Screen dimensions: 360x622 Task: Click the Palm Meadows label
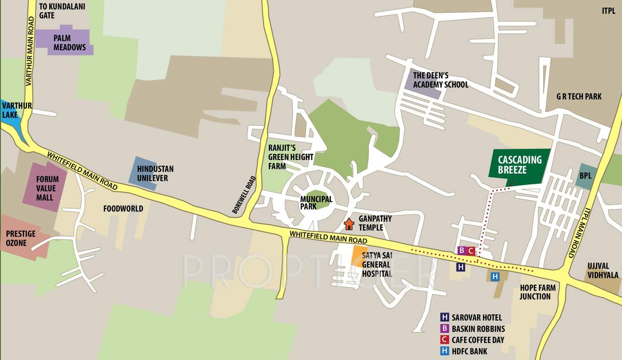(69, 43)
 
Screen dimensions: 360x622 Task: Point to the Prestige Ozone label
(21, 238)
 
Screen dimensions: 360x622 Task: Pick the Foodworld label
(123, 209)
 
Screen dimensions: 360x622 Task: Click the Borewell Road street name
(244, 195)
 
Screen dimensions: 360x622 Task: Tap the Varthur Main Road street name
(30, 51)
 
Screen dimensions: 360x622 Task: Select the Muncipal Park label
(316, 202)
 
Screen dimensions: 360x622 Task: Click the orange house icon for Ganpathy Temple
(349, 224)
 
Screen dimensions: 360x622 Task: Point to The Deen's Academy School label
(440, 80)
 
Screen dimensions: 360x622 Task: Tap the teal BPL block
(586, 176)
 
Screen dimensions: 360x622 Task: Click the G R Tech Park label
(579, 97)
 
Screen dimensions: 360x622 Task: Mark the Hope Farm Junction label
(538, 292)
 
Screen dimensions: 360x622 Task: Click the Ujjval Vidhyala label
(603, 270)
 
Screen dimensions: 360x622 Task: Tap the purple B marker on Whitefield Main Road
(461, 250)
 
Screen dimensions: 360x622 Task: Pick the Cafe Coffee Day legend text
(478, 340)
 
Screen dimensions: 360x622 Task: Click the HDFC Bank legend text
(469, 351)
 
